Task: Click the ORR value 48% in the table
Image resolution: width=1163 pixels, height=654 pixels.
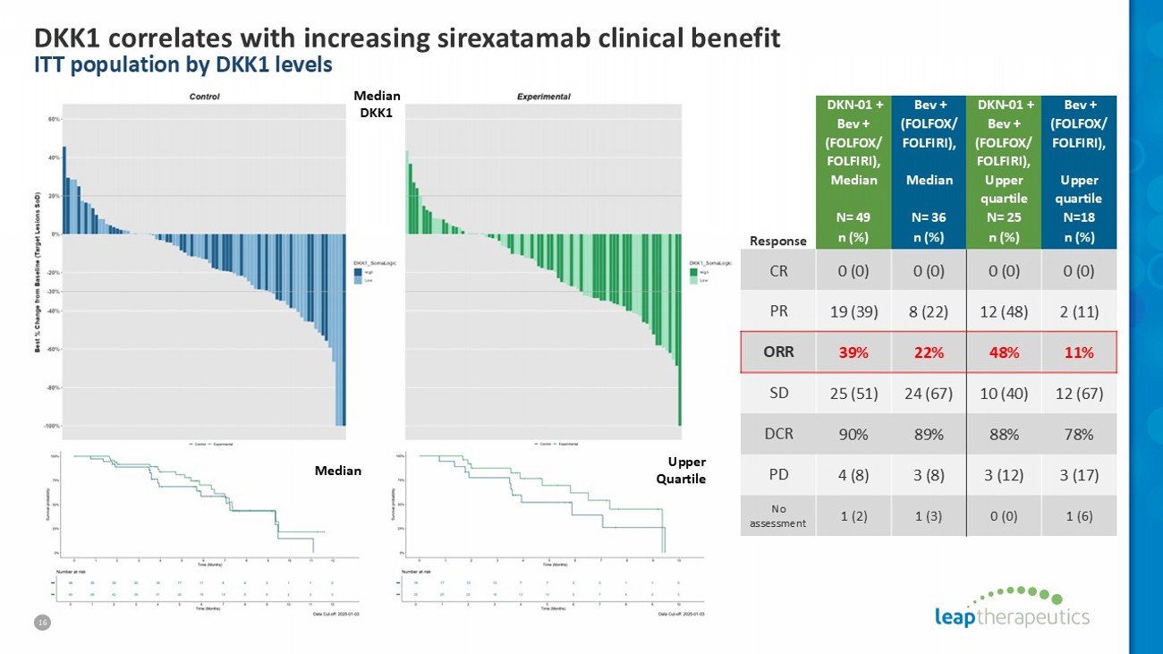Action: pos(1005,352)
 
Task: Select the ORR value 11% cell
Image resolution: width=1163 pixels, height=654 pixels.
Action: pos(1080,352)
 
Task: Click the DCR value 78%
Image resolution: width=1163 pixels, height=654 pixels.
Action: pos(1080,433)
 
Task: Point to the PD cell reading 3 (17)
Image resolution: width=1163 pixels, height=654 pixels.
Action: pos(1080,474)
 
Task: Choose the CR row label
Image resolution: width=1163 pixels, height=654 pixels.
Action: pos(778,270)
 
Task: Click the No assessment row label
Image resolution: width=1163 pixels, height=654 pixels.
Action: pos(778,516)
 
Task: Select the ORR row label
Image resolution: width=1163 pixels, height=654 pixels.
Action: pos(778,352)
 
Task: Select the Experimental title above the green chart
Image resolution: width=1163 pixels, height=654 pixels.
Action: pos(544,96)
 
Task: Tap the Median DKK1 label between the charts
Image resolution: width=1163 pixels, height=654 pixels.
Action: pos(377,104)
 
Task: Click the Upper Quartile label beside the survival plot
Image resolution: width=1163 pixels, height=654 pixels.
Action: pos(686,470)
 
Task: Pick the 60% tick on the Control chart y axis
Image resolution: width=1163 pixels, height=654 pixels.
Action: pos(54,119)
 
